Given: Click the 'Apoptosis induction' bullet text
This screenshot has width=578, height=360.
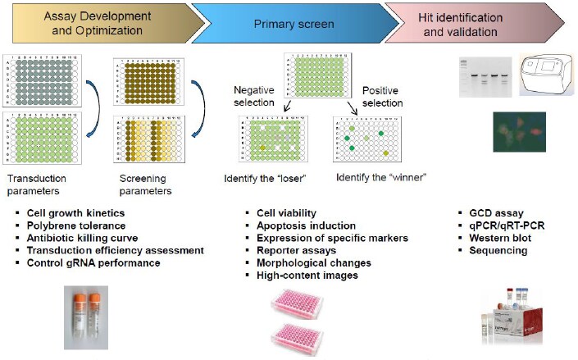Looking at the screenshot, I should [307, 226].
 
